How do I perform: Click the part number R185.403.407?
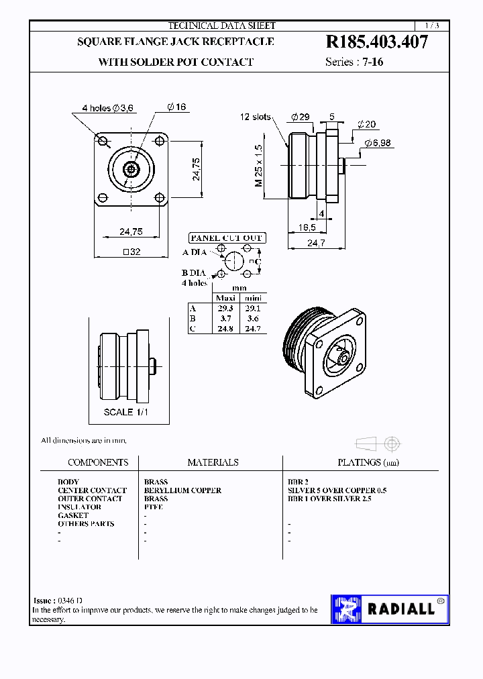point(376,42)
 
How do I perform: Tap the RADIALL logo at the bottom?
point(390,609)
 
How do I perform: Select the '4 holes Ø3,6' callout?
point(108,107)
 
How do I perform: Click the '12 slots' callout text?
point(256,117)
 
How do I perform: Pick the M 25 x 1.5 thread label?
point(259,165)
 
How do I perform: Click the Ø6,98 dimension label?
point(378,143)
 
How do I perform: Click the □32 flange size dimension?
point(131,252)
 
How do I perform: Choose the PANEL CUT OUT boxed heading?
point(227,238)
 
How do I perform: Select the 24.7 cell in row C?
point(252,329)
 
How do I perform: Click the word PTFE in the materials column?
point(154,507)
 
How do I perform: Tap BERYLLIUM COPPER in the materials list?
point(182,490)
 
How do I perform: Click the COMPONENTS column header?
point(98,462)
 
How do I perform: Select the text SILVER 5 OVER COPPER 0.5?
point(337,490)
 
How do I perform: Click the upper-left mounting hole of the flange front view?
point(103,141)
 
